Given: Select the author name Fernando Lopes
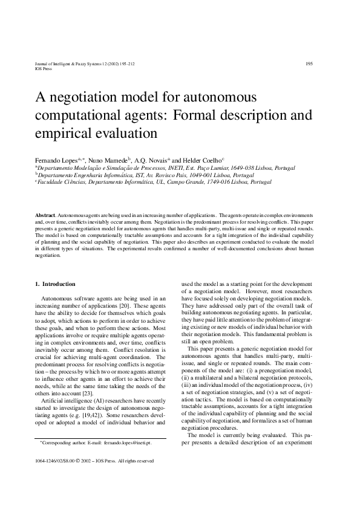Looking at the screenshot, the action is [x=56, y=156].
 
